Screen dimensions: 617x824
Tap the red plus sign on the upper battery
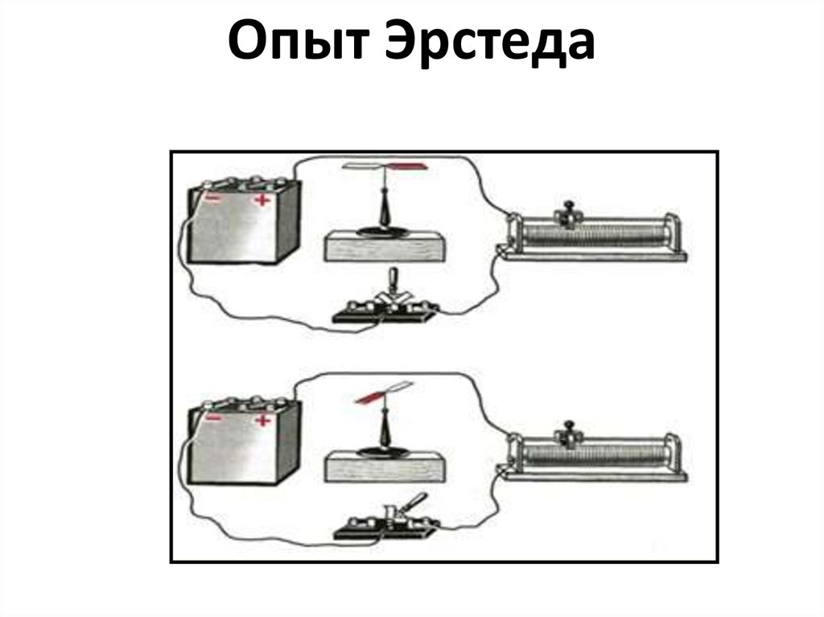262,200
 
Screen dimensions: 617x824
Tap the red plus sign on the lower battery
262,421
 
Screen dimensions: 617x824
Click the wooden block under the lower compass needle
385,467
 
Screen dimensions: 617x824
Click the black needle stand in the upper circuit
385,212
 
